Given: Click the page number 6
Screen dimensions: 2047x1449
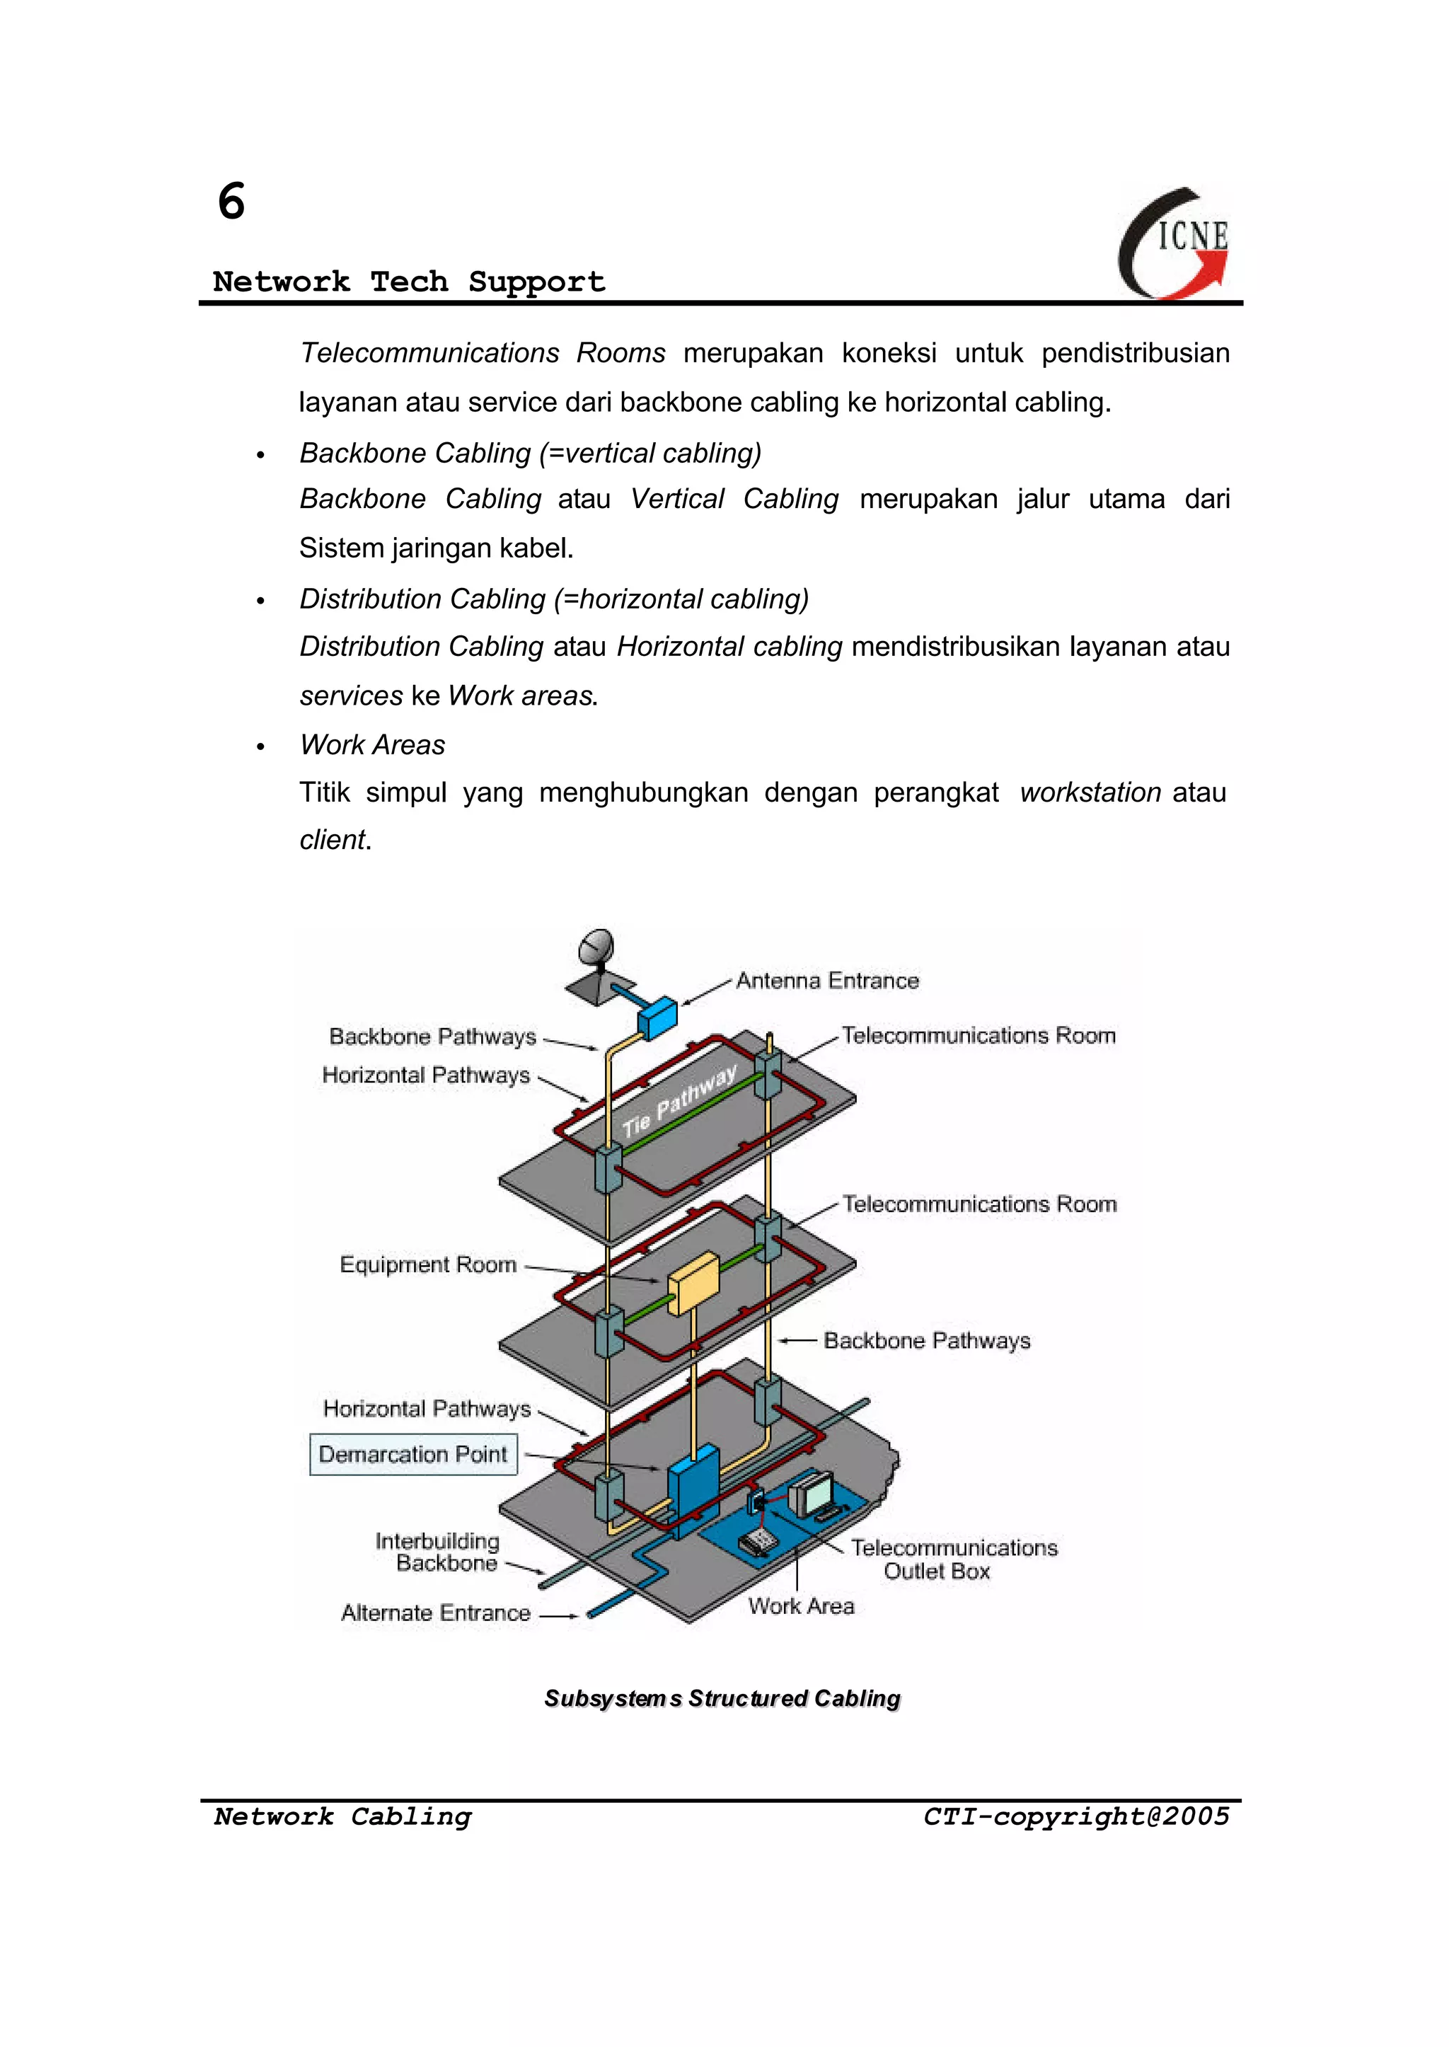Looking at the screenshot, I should click(x=231, y=202).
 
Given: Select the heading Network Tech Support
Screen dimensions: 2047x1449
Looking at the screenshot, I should click(x=409, y=282).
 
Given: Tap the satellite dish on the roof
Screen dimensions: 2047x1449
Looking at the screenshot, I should click(x=596, y=950).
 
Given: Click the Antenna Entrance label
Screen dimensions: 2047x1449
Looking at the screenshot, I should click(x=826, y=981).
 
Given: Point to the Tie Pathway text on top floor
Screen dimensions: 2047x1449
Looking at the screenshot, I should click(x=680, y=1100).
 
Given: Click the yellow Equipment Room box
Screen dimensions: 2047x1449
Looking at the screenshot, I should click(x=693, y=1283).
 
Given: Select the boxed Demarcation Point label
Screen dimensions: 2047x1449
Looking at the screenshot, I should click(x=413, y=1455).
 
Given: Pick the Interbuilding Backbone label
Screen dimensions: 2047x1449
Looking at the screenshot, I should click(x=438, y=1552).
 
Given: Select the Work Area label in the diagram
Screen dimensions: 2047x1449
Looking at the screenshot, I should click(x=800, y=1606).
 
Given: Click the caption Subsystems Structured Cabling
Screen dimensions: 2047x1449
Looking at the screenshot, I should click(x=722, y=1698).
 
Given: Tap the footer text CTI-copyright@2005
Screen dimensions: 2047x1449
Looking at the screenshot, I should click(x=1075, y=1817).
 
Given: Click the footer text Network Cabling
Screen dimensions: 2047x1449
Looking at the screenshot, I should click(x=342, y=1817).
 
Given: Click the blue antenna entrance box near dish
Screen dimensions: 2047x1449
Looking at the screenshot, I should click(x=657, y=1017).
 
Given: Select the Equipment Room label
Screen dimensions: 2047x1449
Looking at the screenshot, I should click(x=427, y=1264).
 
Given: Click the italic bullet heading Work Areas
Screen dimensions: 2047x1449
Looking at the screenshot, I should click(x=372, y=744).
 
